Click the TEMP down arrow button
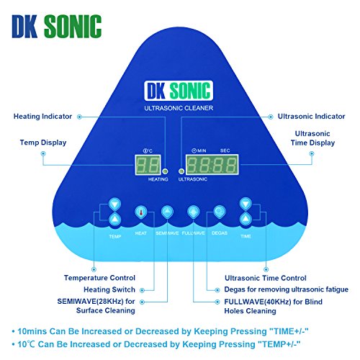tap(114, 204)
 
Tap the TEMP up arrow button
tap(114, 219)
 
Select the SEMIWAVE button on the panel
tap(167, 212)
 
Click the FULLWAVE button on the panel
tap(193, 212)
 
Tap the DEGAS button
tap(220, 212)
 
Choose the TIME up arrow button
tap(246, 219)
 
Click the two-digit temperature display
tap(148, 165)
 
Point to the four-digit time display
tap(212, 165)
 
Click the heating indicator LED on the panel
tap(165, 171)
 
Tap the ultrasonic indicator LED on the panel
tap(181, 171)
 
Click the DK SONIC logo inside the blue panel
tap(179, 91)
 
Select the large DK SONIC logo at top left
tap(57, 26)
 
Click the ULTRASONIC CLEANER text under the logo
tap(179, 108)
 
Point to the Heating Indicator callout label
tap(42, 117)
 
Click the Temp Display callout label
tap(43, 143)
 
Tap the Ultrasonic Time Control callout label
tap(266, 278)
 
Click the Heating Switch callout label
tap(109, 289)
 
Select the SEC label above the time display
tap(225, 150)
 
